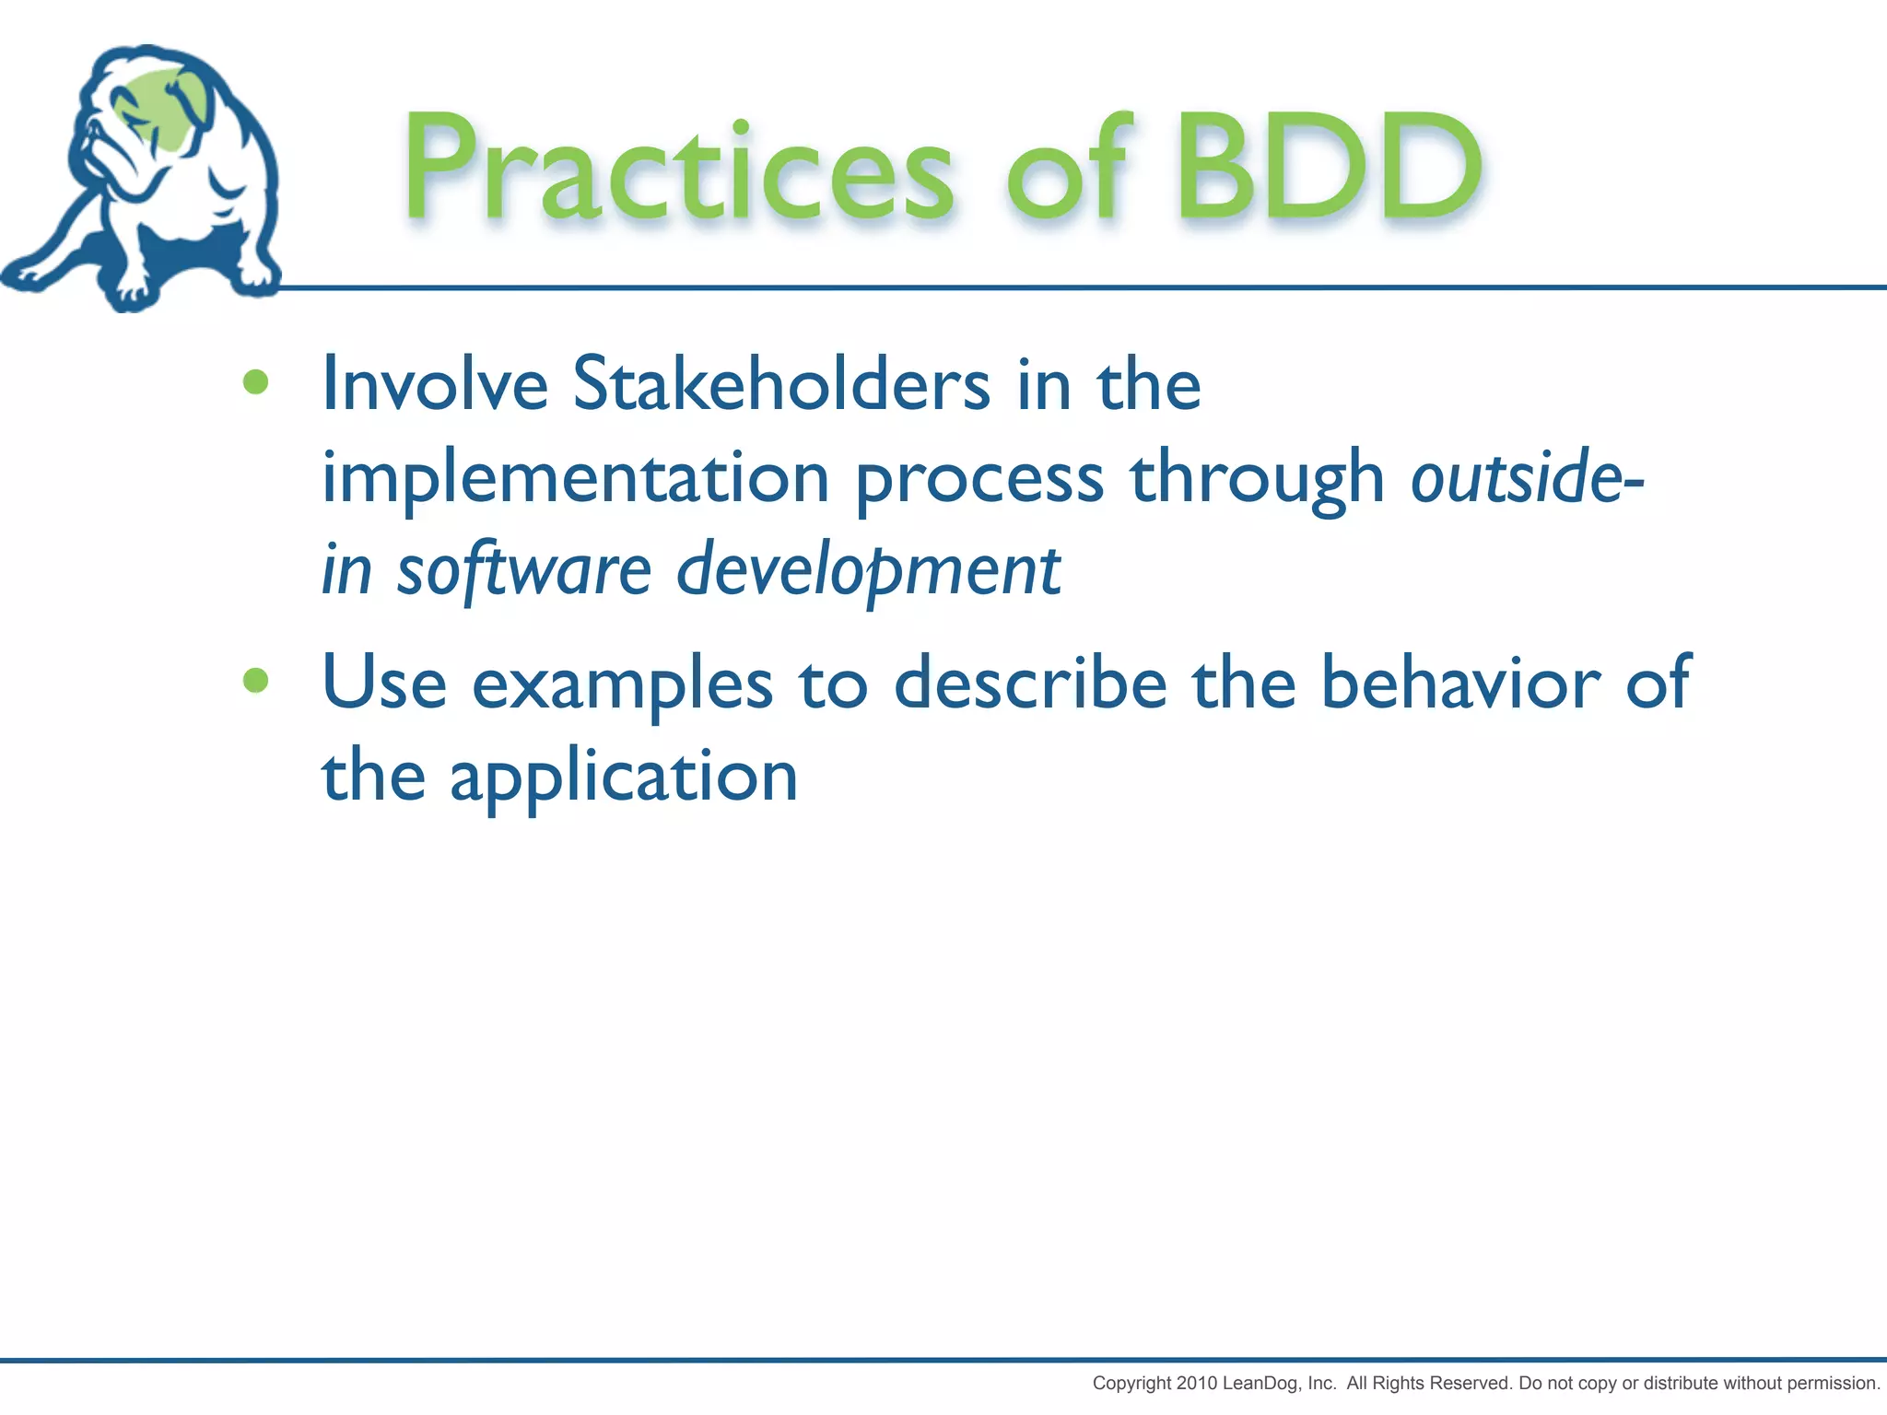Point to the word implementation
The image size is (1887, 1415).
pyautogui.click(x=575, y=478)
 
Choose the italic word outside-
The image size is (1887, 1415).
pyautogui.click(x=1526, y=478)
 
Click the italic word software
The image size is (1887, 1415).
pyautogui.click(x=523, y=570)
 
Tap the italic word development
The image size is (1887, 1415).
pyautogui.click(x=868, y=570)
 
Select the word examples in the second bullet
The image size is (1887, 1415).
pyautogui.click(x=622, y=685)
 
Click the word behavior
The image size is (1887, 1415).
pyautogui.click(x=1460, y=684)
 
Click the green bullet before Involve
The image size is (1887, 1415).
pyautogui.click(x=255, y=382)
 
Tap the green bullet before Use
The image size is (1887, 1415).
pyautogui.click(x=255, y=681)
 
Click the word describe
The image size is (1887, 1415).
pyautogui.click(x=1030, y=684)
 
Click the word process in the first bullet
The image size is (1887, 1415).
pyautogui.click(x=979, y=480)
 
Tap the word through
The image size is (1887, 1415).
pyautogui.click(x=1257, y=480)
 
